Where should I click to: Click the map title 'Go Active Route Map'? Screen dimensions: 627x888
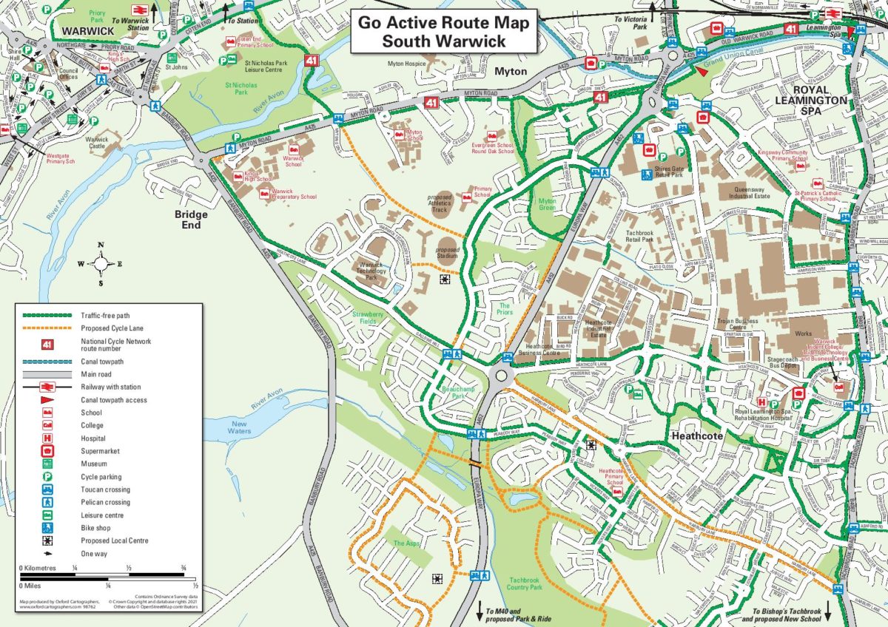pos(443,22)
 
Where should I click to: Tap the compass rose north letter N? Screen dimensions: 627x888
pos(101,245)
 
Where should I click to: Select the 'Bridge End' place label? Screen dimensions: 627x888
pos(191,220)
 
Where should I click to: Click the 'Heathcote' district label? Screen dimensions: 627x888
pos(696,436)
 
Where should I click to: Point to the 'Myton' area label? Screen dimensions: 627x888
pos(511,72)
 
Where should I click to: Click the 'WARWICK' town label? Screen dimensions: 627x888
pos(88,31)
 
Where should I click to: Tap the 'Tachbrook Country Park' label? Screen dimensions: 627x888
pos(525,583)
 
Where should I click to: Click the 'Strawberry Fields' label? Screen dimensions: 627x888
pos(368,319)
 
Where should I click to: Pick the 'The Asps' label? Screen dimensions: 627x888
pos(406,543)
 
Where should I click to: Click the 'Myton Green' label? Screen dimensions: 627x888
pos(548,205)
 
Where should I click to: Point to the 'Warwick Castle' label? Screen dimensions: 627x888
pos(96,143)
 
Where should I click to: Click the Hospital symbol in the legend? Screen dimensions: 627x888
pos(47,438)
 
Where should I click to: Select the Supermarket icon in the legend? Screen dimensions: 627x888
pos(47,451)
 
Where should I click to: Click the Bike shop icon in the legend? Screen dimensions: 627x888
pos(47,528)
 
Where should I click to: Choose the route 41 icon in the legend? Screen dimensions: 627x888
pos(47,345)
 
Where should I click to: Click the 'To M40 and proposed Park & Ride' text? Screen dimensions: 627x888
pos(515,616)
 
